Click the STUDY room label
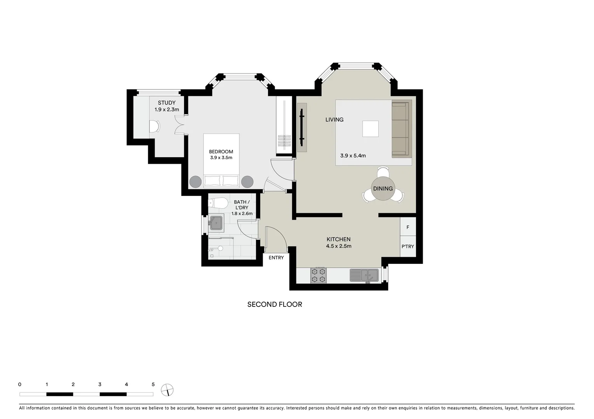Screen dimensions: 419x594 point(167,103)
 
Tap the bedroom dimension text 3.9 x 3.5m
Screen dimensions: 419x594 point(221,158)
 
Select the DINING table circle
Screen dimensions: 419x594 point(383,189)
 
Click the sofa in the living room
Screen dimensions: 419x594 point(401,129)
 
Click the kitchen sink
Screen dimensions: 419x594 point(364,275)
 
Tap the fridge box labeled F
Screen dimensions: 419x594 point(408,227)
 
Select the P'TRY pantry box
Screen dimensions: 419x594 point(408,246)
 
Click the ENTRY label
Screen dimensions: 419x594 point(276,258)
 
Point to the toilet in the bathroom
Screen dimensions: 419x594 point(218,203)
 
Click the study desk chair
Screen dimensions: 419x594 point(155,126)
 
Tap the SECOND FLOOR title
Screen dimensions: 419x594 point(275,305)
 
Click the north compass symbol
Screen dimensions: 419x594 point(167,390)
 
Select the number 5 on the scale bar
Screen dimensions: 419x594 point(153,384)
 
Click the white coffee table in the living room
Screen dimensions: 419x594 point(370,129)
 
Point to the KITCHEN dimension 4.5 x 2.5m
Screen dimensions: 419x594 point(339,246)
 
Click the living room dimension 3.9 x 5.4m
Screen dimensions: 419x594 point(353,156)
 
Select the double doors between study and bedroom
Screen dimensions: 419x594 point(180,125)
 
